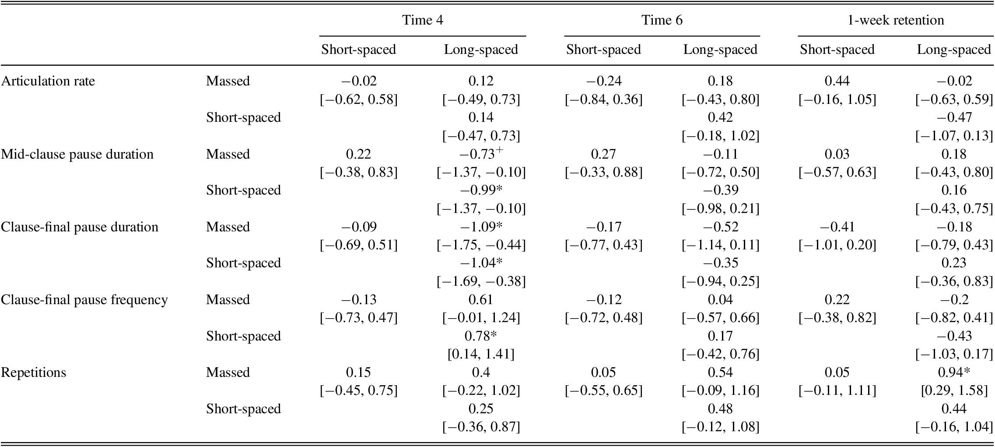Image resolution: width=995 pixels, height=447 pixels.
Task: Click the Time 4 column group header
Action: pyautogui.click(x=422, y=20)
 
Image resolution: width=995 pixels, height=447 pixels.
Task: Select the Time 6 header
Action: pyautogui.click(x=662, y=20)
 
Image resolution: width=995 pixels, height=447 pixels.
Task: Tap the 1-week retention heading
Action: pyautogui.click(x=895, y=20)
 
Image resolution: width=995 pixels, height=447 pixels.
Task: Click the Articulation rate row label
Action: pyautogui.click(x=48, y=81)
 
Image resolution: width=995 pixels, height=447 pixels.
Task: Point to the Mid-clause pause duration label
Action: pyautogui.click(x=77, y=154)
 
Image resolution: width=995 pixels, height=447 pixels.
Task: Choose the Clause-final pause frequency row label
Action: pyautogui.click(x=84, y=300)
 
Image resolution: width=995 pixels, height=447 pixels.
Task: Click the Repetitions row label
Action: pyautogui.click(x=34, y=372)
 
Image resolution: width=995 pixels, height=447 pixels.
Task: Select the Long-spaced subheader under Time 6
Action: pyautogui.click(x=720, y=50)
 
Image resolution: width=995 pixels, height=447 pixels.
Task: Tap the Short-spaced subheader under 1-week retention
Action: pyautogui.click(x=837, y=50)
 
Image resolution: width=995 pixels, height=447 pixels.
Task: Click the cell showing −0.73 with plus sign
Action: pyautogui.click(x=481, y=154)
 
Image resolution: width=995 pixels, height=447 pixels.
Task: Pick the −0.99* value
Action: pyautogui.click(x=481, y=190)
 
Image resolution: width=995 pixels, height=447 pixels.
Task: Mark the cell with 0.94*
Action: pyautogui.click(x=954, y=372)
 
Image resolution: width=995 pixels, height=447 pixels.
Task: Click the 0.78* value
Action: pyautogui.click(x=481, y=336)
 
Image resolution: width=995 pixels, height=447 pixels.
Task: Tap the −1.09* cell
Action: pyautogui.click(x=481, y=227)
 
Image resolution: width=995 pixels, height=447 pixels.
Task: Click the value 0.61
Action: pyautogui.click(x=481, y=300)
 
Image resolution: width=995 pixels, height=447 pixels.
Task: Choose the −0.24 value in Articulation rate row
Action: pyautogui.click(x=603, y=81)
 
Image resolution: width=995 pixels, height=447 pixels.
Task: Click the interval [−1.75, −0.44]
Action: pyautogui.click(x=481, y=245)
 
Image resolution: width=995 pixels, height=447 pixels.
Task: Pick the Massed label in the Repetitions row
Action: pyautogui.click(x=228, y=372)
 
